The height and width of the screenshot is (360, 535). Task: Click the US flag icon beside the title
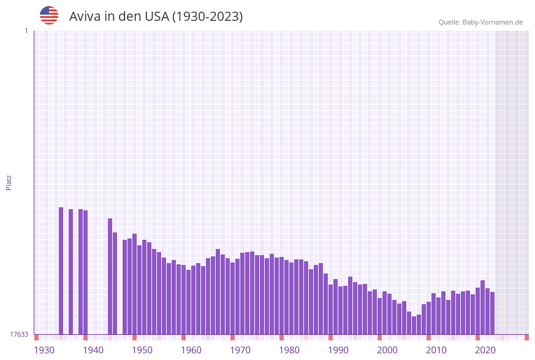[49, 15]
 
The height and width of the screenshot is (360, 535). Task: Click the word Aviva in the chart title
[85, 17]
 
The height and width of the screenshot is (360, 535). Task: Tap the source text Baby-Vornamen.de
[493, 22]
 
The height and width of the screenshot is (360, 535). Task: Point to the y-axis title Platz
[9, 182]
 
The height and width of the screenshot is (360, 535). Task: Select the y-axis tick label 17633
[19, 334]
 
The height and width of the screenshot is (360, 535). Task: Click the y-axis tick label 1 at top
[26, 31]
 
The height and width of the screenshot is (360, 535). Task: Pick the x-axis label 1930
[44, 350]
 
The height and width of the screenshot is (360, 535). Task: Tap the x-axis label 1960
[191, 350]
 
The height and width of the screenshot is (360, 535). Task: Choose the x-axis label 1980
[289, 350]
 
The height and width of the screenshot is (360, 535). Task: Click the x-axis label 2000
[387, 350]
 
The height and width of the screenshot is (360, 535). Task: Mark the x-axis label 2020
[485, 350]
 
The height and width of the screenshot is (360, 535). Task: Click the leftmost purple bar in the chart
[61, 270]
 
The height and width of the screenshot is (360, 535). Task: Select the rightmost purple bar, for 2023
[492, 313]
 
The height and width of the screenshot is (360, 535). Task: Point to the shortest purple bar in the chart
[414, 325]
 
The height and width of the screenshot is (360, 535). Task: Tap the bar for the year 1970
[233, 298]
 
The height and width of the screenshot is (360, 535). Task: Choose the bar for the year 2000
[380, 316]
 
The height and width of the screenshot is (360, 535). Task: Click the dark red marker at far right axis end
[526, 337]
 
